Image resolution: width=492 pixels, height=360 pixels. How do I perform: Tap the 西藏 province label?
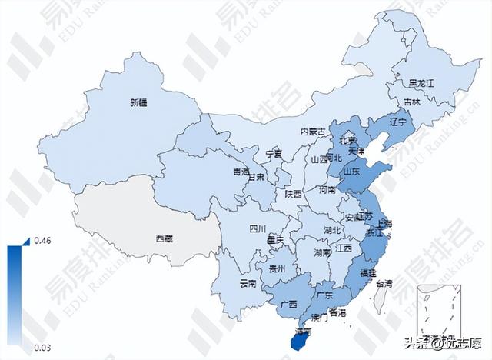click(x=164, y=238)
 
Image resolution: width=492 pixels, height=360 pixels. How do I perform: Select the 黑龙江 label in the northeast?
click(x=422, y=83)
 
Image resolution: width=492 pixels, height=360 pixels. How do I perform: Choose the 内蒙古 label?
click(x=314, y=132)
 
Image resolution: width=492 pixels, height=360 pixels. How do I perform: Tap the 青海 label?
click(x=241, y=172)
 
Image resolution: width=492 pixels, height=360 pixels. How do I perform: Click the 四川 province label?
click(x=257, y=228)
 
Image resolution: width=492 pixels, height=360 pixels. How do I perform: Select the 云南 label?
click(x=248, y=284)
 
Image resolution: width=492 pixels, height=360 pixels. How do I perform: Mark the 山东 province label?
click(x=351, y=172)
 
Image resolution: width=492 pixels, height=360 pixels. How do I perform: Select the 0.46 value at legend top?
click(x=42, y=242)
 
